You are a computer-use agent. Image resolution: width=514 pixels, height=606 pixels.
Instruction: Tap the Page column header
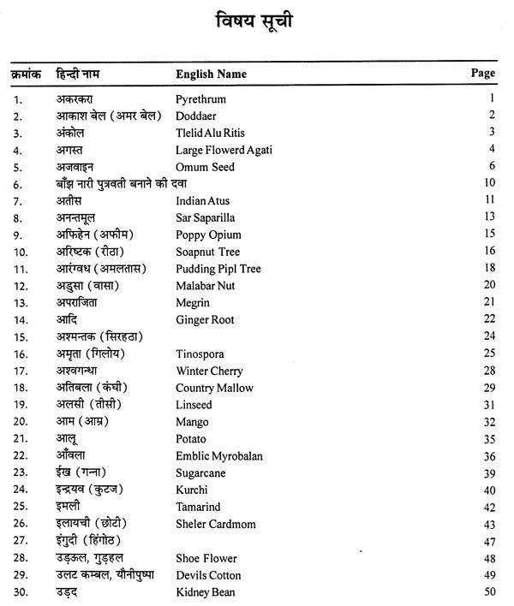(483, 73)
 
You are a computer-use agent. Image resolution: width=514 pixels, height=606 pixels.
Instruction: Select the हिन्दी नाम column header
(85, 74)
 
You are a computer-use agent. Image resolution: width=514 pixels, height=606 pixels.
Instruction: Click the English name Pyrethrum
(200, 99)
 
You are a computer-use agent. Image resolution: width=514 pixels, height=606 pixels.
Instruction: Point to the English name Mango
(192, 422)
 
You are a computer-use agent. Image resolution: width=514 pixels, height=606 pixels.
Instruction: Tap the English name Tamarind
(200, 507)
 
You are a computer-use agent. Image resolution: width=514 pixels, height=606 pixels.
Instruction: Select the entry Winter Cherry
(209, 371)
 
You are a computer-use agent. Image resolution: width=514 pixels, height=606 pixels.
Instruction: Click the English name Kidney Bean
(205, 591)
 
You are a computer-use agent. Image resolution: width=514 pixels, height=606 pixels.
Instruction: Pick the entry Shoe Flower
(206, 558)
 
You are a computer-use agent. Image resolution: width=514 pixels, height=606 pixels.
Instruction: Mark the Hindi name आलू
(68, 439)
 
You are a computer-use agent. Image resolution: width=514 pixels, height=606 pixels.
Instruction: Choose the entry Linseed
(194, 405)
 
